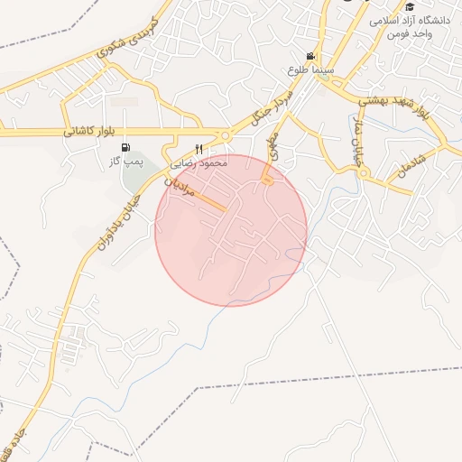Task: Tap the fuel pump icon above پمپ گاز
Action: pos(125,148)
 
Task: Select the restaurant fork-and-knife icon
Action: pos(199,149)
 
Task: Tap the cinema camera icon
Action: pos(311,56)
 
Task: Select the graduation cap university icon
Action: pos(410,7)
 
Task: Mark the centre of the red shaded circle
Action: pos(231,231)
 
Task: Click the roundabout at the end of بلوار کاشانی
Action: pos(224,137)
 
